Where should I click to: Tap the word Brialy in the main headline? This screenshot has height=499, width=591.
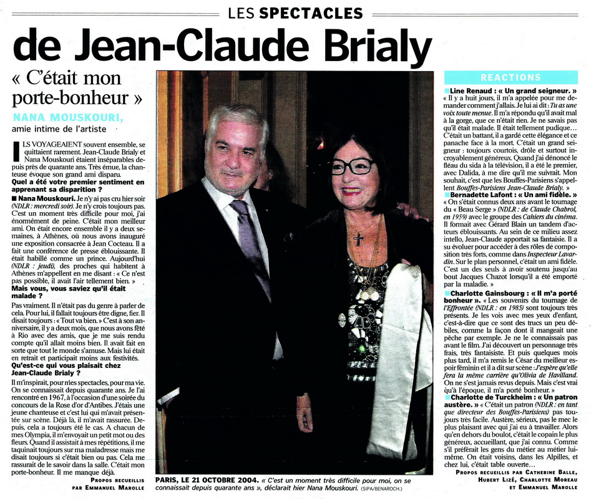(369, 46)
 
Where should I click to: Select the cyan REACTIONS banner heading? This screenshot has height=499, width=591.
(510, 78)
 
